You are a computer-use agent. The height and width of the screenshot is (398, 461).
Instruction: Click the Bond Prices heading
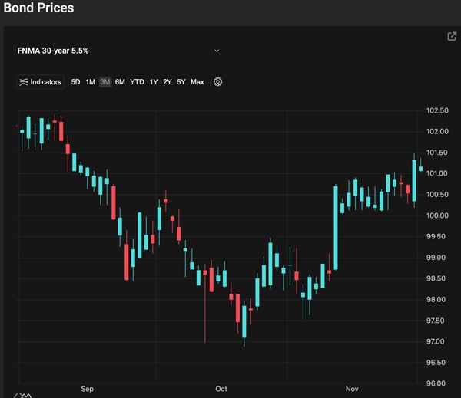(39, 8)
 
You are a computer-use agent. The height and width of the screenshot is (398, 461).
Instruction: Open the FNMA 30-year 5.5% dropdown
(217, 51)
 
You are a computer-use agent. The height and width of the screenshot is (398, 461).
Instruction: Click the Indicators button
(40, 82)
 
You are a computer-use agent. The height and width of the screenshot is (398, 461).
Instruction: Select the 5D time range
(75, 82)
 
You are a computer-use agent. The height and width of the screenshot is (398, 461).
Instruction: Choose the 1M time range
(90, 82)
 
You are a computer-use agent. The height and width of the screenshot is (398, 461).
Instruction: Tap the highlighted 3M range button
(105, 82)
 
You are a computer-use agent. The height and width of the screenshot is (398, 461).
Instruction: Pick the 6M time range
(120, 82)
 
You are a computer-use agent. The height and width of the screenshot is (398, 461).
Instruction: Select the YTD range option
(137, 82)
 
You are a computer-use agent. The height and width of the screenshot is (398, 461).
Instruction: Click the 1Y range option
(154, 82)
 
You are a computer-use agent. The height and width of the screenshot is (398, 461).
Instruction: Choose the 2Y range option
(167, 82)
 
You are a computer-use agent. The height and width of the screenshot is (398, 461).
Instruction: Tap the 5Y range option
(181, 82)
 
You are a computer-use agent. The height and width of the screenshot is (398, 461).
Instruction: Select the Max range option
(197, 82)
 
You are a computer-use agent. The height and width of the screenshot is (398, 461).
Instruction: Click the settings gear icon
(218, 82)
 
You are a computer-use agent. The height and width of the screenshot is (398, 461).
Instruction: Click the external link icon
(452, 36)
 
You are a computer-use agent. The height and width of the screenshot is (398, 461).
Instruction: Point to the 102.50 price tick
(436, 110)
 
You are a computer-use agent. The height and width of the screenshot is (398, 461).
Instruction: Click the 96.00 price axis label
(436, 383)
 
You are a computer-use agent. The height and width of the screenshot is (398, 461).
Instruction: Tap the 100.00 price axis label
(436, 215)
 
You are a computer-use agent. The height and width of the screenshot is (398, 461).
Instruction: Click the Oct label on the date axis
(221, 390)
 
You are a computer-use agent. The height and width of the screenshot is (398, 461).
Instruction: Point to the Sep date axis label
(87, 390)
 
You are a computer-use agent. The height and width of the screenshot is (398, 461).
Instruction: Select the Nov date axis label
(352, 390)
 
